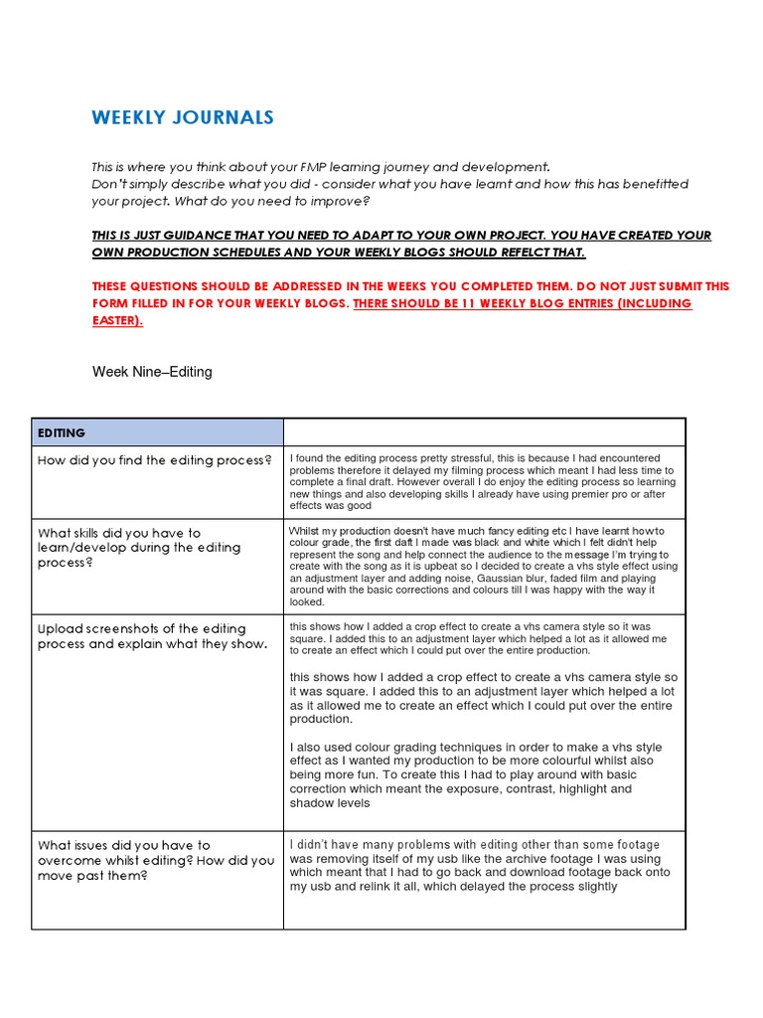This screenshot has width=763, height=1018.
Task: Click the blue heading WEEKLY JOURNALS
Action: coord(183,118)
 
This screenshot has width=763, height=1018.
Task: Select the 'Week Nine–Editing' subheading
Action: coord(152,372)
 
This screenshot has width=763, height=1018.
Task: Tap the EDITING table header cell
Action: coord(62,433)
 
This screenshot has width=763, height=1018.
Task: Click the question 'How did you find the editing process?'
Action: coord(154,460)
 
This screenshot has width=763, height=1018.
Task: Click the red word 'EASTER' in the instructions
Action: coord(118,320)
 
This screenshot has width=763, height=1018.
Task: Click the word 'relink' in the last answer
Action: coord(419,887)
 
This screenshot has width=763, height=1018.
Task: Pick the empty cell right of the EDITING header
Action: coord(484,432)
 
